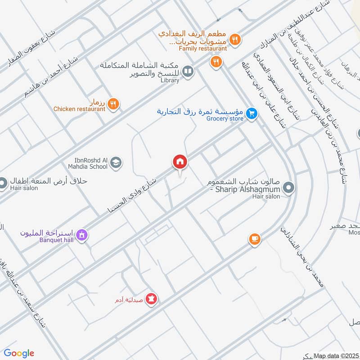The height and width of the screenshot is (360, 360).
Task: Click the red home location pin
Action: [x=180, y=162]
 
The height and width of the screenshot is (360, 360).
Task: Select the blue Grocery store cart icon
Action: [x=252, y=114]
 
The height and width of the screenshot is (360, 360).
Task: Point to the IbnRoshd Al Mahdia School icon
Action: [x=116, y=162]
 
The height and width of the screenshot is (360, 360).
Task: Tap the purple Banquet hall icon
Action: [x=82, y=234]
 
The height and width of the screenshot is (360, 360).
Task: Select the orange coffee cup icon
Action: [x=255, y=238]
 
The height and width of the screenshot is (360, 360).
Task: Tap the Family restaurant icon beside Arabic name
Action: [x=234, y=40]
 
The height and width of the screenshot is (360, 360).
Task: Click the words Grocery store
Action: [x=225, y=119]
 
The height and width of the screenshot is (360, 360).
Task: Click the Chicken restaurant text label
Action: [x=79, y=109]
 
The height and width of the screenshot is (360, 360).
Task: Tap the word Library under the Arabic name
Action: [x=170, y=81]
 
